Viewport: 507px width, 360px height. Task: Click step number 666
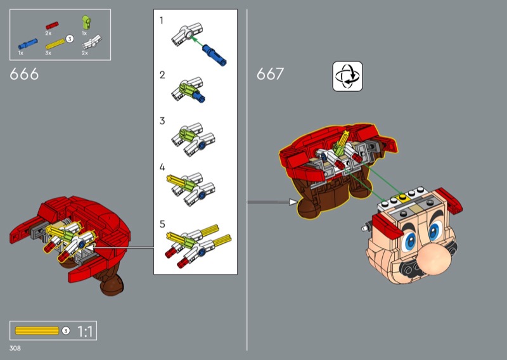[x=24, y=74]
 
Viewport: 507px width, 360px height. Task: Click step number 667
[x=271, y=74]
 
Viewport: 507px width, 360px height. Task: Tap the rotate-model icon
[x=347, y=76]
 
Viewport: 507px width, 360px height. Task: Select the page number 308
[x=15, y=348]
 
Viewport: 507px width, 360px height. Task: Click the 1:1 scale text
[x=85, y=331]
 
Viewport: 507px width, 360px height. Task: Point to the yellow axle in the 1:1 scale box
[x=37, y=331]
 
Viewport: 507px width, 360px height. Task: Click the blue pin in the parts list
[x=28, y=44]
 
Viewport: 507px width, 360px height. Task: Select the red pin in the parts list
[x=52, y=25]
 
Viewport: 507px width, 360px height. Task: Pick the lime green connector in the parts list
[x=86, y=22]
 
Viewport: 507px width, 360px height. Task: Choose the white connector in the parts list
[x=92, y=42]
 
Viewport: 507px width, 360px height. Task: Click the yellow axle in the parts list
[x=55, y=44]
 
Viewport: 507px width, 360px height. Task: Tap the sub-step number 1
[x=162, y=21]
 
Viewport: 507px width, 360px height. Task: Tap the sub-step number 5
[x=162, y=224]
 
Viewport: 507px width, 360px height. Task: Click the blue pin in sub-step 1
[x=214, y=55]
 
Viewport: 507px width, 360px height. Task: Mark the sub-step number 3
[x=162, y=120]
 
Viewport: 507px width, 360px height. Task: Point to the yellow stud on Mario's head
[x=402, y=196]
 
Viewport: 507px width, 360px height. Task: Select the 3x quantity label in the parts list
[x=48, y=53]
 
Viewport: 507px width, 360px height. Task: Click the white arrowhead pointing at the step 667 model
[x=293, y=202]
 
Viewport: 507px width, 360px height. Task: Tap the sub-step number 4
[x=162, y=167]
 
